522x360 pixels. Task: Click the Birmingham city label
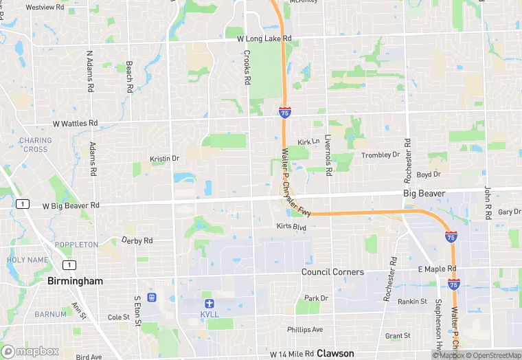tap(76, 281)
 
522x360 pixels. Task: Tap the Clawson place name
tap(335, 354)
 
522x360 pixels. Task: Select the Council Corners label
tap(332, 272)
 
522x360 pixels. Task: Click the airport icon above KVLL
tap(209, 303)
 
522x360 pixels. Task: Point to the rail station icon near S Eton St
tap(151, 297)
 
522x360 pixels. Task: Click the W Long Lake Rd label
tap(264, 38)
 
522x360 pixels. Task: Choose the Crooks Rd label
tap(247, 67)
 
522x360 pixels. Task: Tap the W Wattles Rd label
tap(76, 124)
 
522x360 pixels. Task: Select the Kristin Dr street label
tap(164, 159)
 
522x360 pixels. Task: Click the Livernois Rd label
tap(328, 153)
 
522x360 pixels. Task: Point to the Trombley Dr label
tap(381, 155)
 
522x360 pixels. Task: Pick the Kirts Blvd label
tap(291, 226)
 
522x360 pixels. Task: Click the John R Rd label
tap(488, 202)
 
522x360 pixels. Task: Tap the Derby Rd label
tap(137, 240)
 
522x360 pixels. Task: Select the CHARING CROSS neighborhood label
tap(34, 145)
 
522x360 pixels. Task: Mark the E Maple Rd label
tap(438, 269)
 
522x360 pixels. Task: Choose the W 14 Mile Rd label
tap(292, 355)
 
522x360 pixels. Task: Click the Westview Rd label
tap(45, 8)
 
